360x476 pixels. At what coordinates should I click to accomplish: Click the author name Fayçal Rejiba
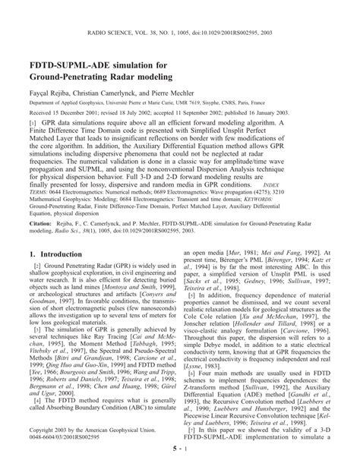[x=47, y=93]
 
